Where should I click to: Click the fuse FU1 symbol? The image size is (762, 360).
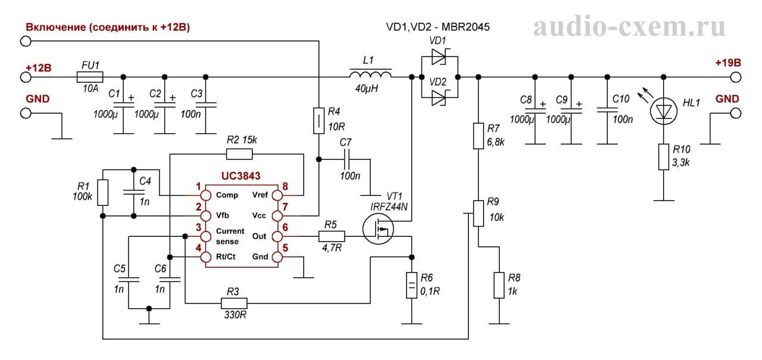90,77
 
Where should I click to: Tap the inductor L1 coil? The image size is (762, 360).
370,74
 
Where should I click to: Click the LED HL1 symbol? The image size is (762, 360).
663,111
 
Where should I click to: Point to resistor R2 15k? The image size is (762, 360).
239,154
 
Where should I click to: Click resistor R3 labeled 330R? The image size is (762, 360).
234,303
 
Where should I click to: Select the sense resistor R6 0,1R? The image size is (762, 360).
411,285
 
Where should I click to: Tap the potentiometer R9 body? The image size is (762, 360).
479,214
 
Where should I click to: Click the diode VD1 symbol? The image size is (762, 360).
439,57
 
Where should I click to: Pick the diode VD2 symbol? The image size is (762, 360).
439,98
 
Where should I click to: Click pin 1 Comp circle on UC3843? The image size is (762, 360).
205,195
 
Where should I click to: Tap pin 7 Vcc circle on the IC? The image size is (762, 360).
277,216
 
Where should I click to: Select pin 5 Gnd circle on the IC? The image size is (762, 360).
277,257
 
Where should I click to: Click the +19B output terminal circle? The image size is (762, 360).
736,77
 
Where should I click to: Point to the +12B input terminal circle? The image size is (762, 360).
26,77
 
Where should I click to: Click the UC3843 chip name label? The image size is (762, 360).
241,176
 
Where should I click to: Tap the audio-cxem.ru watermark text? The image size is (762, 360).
629,27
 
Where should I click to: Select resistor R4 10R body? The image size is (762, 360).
318,121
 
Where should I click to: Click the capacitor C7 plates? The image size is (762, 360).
347,159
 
